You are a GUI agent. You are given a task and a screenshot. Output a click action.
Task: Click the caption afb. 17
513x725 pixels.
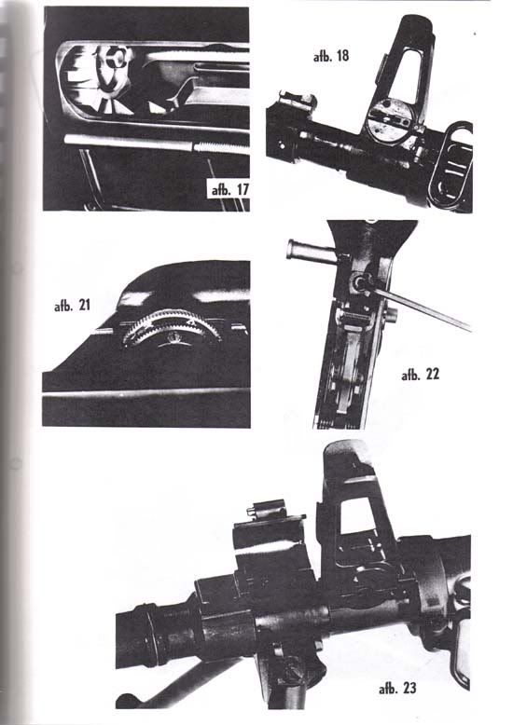tap(229, 189)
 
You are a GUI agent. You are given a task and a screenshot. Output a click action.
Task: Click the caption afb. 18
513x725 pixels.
tap(330, 57)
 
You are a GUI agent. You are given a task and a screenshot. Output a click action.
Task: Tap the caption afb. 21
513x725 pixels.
tap(72, 305)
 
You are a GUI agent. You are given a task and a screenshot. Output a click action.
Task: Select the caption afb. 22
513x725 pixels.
tap(421, 374)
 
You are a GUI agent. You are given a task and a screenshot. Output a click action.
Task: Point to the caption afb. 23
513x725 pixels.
tap(397, 688)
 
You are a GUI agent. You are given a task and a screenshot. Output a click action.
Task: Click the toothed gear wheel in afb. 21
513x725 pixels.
tap(171, 326)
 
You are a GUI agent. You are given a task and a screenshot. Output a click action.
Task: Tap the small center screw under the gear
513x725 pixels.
tap(175, 336)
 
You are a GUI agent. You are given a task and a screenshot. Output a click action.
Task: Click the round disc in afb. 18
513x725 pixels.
tap(389, 120)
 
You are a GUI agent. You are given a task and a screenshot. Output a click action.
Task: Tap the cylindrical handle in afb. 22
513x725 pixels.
tap(312, 252)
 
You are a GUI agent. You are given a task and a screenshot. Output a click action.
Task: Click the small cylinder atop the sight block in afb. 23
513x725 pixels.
tap(266, 510)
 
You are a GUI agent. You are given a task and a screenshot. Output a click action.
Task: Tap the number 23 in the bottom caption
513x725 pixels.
tap(409, 688)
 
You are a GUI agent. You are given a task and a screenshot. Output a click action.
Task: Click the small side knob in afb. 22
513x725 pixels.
tap(392, 315)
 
